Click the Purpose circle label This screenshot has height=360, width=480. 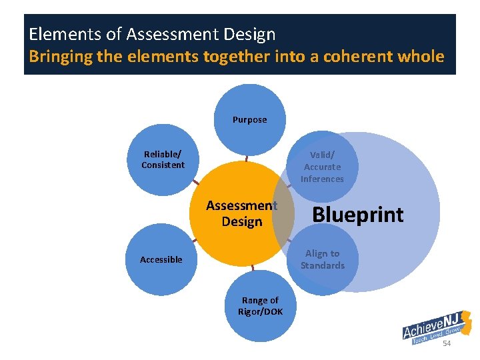point(249,120)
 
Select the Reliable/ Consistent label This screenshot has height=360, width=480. point(163,159)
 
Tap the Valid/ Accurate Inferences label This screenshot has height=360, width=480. point(322,167)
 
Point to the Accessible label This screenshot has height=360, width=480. point(161,259)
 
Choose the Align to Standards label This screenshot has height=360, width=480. point(322,259)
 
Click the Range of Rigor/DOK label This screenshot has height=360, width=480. point(260,306)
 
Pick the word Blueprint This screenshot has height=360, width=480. point(358,215)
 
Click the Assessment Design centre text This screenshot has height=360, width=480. point(241,213)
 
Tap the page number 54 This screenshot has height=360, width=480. point(447,343)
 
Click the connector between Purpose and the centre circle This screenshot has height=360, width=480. point(247,159)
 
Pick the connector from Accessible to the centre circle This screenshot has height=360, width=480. point(195,238)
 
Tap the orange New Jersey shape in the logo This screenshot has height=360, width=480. point(467,323)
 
